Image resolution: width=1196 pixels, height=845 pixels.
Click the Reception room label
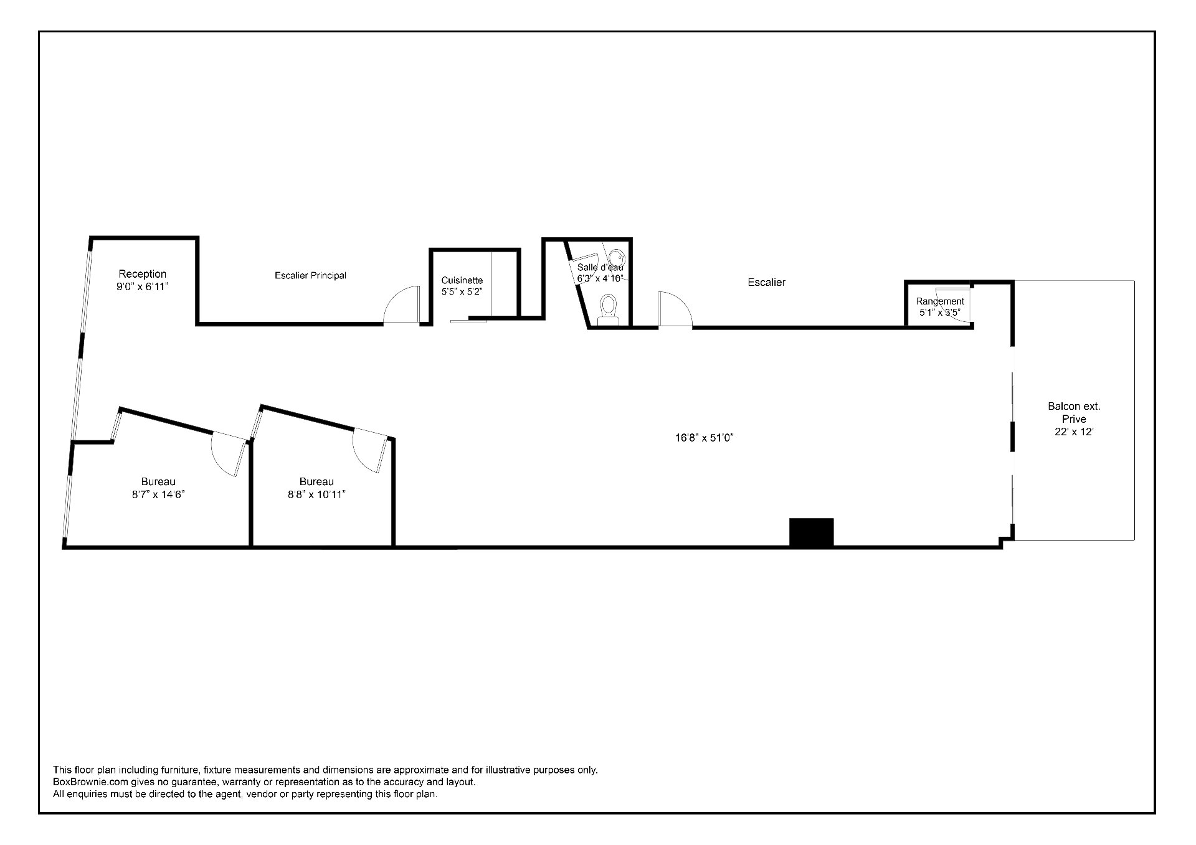point(143,274)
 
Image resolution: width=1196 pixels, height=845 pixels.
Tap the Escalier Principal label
point(310,275)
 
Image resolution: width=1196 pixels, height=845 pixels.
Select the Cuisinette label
point(462,280)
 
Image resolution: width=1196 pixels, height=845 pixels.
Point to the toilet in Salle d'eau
point(607,308)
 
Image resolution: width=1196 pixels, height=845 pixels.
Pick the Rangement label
point(939,301)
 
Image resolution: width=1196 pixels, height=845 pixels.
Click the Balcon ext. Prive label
point(1074,412)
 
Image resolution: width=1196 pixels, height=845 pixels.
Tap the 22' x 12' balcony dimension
point(1074,432)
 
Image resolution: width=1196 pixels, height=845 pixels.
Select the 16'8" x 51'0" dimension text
point(704,438)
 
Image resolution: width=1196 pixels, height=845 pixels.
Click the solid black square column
point(811,532)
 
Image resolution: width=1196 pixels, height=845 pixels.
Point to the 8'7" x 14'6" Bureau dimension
point(158,494)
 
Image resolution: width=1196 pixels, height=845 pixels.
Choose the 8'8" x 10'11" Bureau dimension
point(316,494)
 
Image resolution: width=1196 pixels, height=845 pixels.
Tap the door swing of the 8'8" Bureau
point(368,450)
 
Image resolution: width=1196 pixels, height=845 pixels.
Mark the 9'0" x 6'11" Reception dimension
point(143,286)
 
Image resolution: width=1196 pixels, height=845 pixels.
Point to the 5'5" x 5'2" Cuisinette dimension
point(462,291)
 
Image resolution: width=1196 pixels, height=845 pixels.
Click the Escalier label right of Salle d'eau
point(766,283)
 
